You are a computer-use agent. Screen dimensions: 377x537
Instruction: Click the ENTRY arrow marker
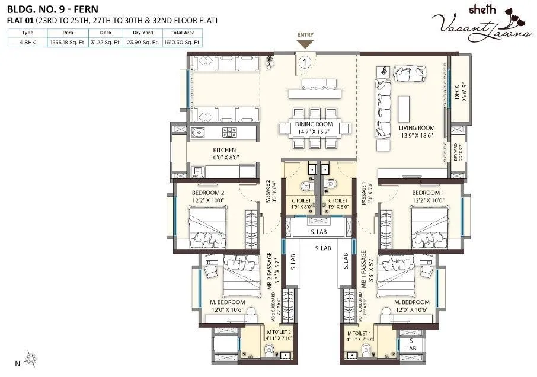[305, 44]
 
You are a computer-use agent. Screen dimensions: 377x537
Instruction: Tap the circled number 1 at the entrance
[304, 60]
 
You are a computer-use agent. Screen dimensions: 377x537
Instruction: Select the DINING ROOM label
[314, 124]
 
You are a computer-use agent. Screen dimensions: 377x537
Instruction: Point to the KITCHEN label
[224, 150]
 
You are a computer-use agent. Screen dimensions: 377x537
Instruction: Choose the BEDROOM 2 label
[207, 193]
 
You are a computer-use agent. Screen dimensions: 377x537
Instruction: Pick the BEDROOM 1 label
[428, 193]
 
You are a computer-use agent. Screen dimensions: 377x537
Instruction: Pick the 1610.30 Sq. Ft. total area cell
[184, 43]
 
